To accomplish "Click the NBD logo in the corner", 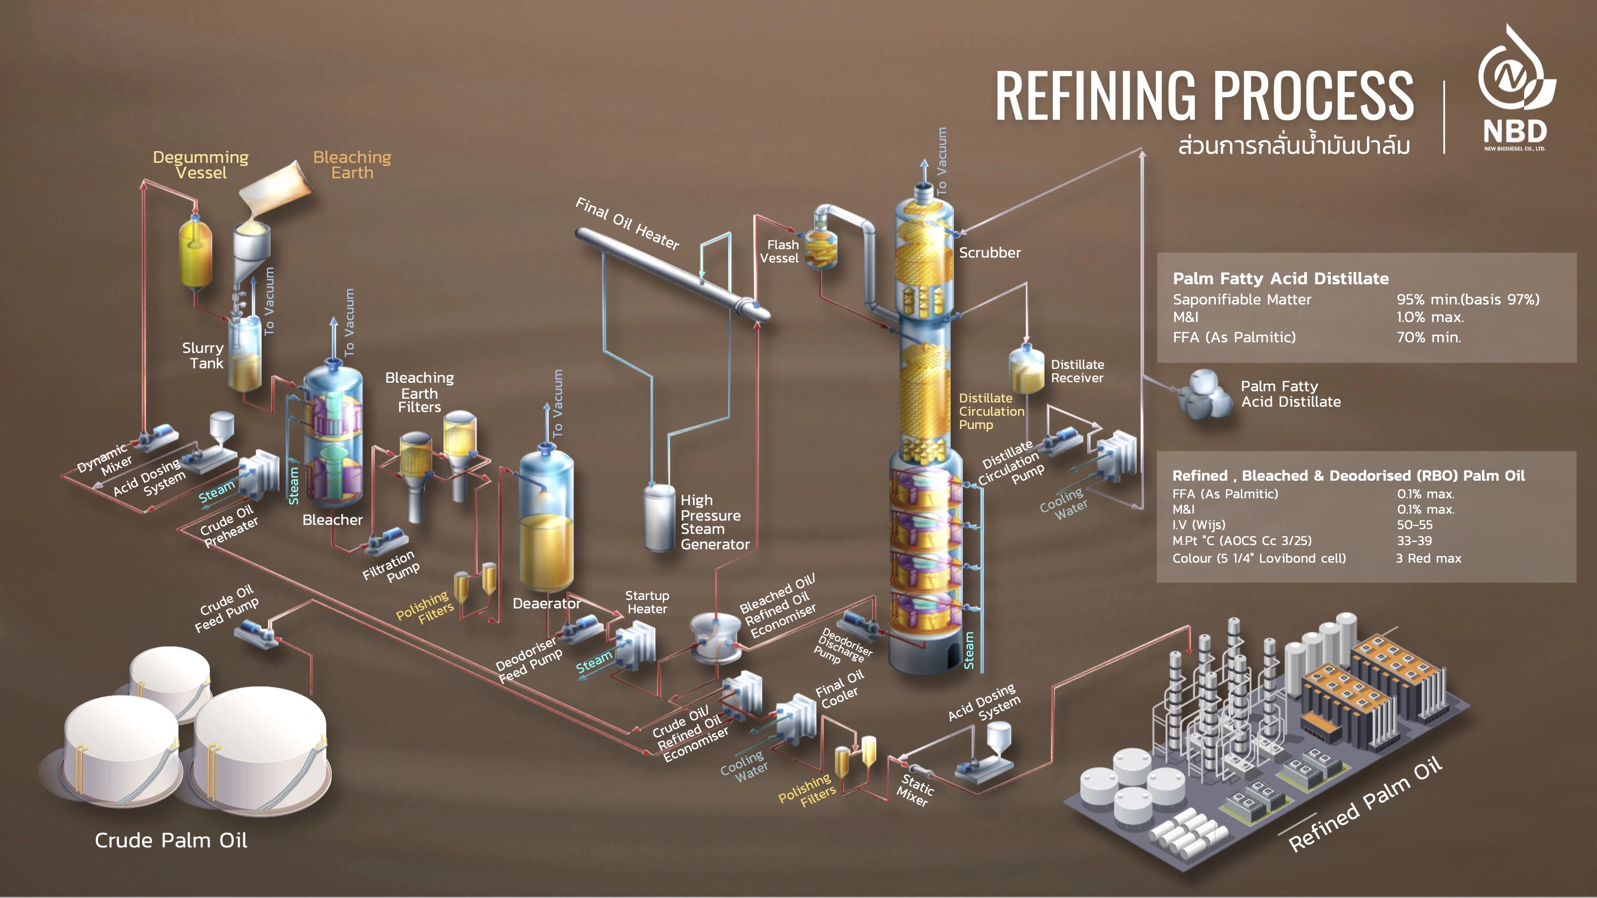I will click(x=1515, y=90).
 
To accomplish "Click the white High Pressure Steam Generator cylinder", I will click(x=660, y=517).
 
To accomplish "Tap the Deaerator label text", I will click(x=546, y=603).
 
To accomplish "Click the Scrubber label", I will click(x=990, y=253).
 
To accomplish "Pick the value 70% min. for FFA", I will click(x=1428, y=337).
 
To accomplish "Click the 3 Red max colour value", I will click(x=1428, y=558).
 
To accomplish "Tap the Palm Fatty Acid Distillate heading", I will click(x=1280, y=279).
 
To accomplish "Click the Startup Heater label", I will click(x=647, y=602).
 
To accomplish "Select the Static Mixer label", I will click(x=915, y=790).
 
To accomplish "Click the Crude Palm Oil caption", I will click(x=171, y=841).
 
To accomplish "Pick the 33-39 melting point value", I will click(x=1414, y=540).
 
